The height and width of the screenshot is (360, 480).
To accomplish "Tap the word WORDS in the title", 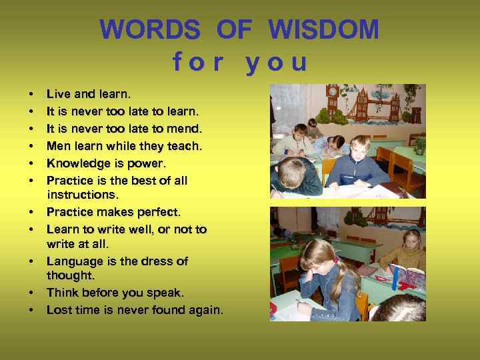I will coord(150,29).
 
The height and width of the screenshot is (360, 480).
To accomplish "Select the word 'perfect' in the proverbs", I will coord(157,212).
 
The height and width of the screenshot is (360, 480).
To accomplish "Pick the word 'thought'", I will coord(70,275).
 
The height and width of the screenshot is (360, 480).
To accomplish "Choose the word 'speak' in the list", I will coord(166,293).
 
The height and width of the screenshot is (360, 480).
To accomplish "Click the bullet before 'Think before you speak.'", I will coord(31,293).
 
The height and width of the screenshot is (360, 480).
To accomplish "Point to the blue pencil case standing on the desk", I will coord(407,277).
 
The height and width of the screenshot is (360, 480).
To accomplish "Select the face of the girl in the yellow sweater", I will coord(411,239).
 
